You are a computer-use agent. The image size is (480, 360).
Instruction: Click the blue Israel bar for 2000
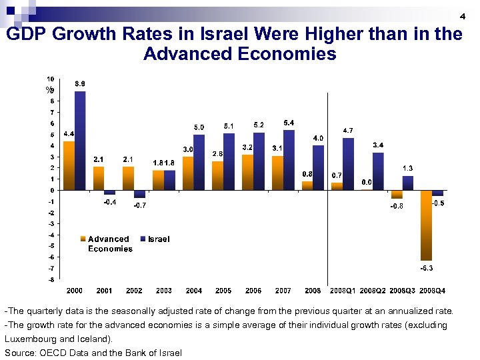[80, 141]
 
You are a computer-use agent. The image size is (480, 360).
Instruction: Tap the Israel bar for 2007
[289, 160]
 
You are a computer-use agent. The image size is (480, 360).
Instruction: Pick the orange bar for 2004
[188, 173]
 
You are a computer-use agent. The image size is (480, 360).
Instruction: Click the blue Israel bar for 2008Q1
[348, 164]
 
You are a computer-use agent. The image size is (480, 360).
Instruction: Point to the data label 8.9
[79, 83]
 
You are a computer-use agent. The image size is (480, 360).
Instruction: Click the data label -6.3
[427, 268]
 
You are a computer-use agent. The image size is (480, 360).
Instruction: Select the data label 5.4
[289, 123]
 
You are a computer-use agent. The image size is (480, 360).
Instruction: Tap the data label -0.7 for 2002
[139, 205]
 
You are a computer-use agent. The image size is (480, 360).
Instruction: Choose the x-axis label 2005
[223, 291]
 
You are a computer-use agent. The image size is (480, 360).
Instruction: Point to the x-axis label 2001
[104, 291]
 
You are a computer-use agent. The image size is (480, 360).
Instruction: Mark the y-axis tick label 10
[51, 79]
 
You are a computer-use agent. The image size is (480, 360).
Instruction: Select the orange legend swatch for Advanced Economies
[84, 239]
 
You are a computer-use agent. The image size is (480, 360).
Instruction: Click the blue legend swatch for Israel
[143, 239]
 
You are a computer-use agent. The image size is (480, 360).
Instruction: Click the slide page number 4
[462, 16]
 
